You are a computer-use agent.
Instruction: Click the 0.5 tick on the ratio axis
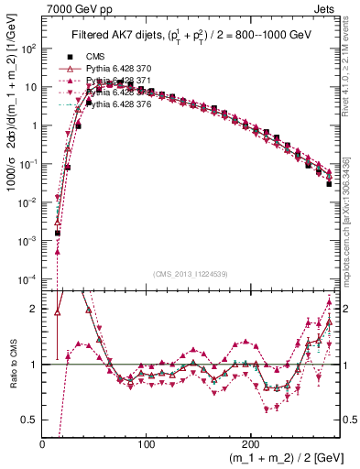pyautogui.click(x=29, y=420)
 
